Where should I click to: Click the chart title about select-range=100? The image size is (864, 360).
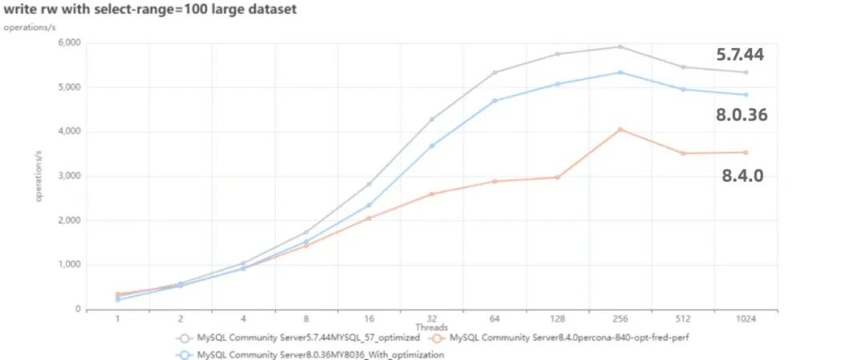coord(150,10)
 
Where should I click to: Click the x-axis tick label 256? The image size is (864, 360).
coord(620,319)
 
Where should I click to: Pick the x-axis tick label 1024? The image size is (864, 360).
coord(745,319)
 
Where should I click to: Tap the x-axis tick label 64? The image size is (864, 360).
coord(494,319)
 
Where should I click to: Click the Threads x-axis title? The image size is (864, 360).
coord(431,328)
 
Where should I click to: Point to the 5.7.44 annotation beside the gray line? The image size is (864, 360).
coord(740,54)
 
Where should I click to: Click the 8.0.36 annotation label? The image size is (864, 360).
coord(742,114)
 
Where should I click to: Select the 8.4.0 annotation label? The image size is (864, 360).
coord(742,175)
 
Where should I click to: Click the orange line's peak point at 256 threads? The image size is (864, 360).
coord(620,129)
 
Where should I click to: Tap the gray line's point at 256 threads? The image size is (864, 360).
coord(620,46)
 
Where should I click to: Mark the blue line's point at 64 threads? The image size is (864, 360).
coord(494,100)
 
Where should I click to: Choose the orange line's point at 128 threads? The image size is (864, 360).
coord(557,177)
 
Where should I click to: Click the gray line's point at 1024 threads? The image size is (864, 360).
coord(745,72)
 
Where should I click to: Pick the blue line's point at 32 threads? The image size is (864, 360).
coord(432,146)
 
